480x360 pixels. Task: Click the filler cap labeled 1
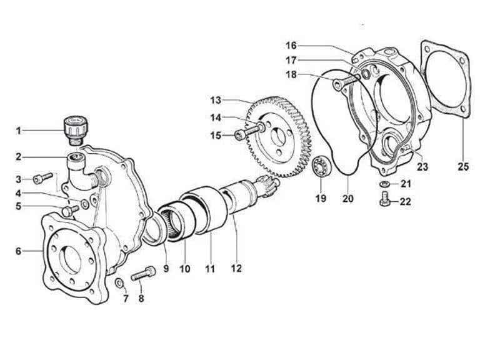click(76, 130)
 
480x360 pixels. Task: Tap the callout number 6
click(19, 251)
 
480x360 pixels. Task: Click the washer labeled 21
click(385, 184)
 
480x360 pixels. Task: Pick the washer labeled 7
click(119, 283)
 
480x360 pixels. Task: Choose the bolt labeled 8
click(143, 273)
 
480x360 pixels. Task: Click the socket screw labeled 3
click(43, 179)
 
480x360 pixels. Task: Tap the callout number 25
click(463, 166)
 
